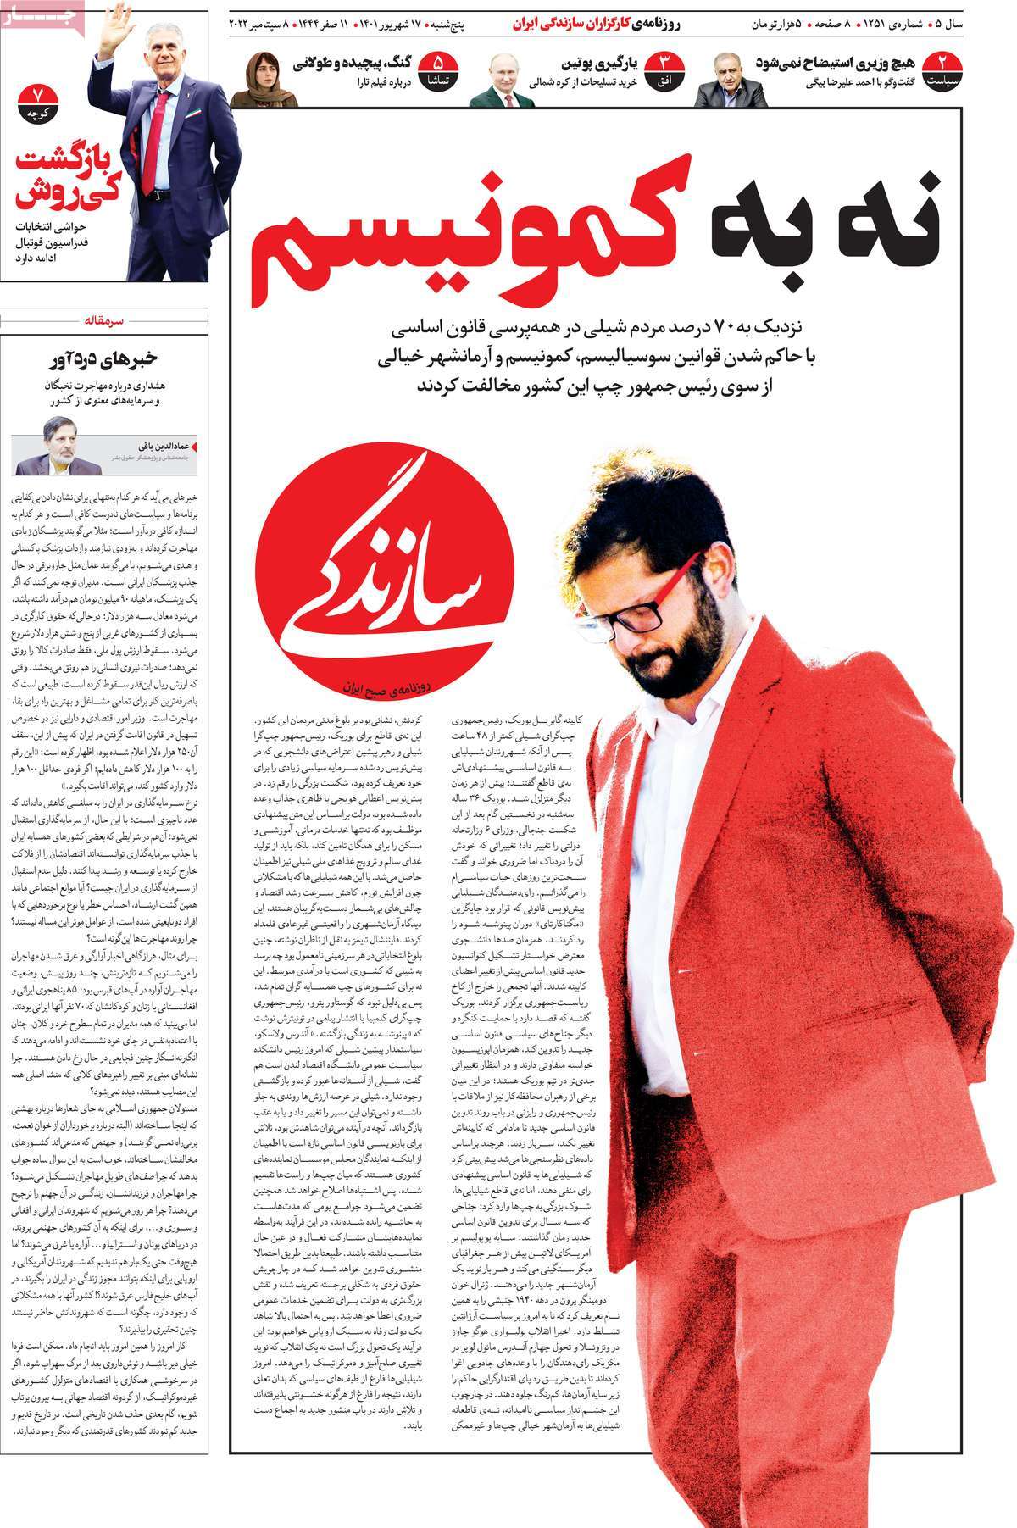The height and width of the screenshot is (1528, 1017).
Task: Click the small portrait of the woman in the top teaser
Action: click(x=264, y=80)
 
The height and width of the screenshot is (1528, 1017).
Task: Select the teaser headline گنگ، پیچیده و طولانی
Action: click(x=356, y=64)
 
